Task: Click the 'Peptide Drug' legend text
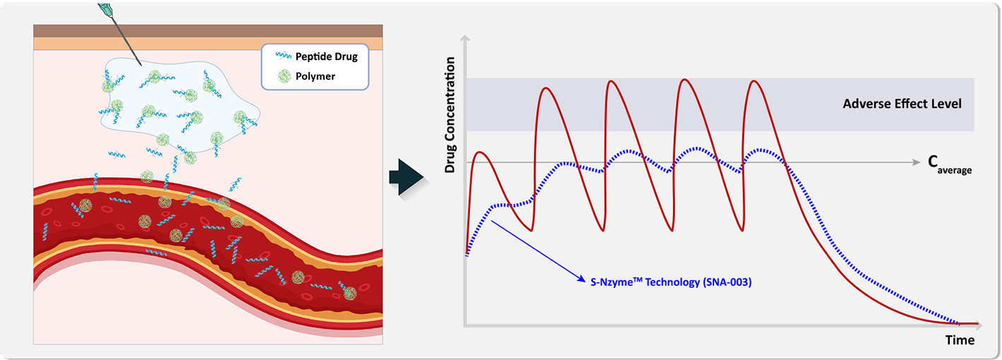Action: coord(327,56)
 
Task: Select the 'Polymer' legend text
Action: coord(315,76)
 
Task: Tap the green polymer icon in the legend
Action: coord(284,76)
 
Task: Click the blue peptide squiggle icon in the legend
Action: coord(284,56)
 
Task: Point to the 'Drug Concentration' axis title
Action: coord(449,115)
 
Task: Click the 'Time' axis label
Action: coord(960,340)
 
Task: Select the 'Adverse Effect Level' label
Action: coord(902,104)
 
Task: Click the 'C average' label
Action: coord(949,164)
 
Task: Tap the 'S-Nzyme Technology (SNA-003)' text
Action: coord(671,282)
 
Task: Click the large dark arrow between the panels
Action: coord(406,177)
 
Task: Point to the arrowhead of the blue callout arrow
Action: coord(582,279)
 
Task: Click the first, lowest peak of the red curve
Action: coord(480,152)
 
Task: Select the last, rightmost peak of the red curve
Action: coord(754,81)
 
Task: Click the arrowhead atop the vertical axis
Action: coord(465,39)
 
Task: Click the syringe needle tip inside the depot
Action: coord(141,65)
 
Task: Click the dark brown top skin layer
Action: coord(208,31)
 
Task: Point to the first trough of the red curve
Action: coord(531,230)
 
